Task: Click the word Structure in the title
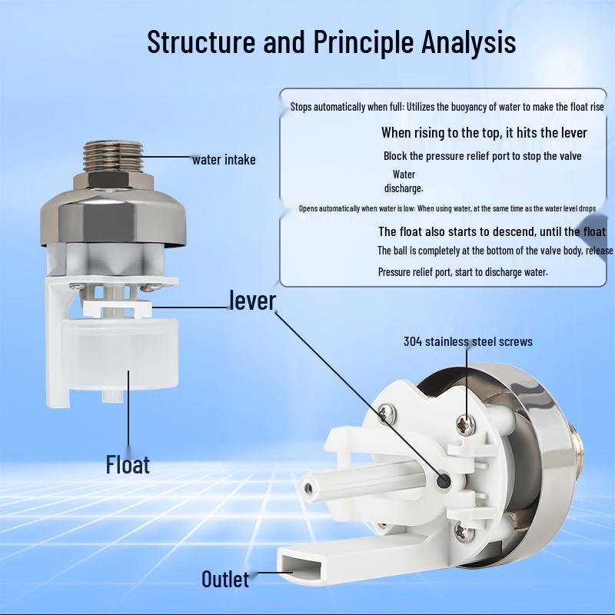coord(201,42)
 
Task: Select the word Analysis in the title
coord(468,43)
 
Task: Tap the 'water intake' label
coord(224,160)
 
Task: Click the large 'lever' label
coord(253,301)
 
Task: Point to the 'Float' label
coord(128,465)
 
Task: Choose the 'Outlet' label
coord(225,580)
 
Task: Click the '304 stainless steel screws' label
coord(468,341)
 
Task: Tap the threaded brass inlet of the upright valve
coord(113,157)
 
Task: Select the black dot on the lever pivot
coord(444,480)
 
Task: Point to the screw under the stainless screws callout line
coord(466,425)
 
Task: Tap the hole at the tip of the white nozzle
coord(309,488)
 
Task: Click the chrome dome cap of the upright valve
coord(113,217)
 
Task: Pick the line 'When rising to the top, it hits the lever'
coord(484,133)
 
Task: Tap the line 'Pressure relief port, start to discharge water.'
coord(463,272)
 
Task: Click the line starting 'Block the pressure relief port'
coord(483,156)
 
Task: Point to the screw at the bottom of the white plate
coord(464,533)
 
